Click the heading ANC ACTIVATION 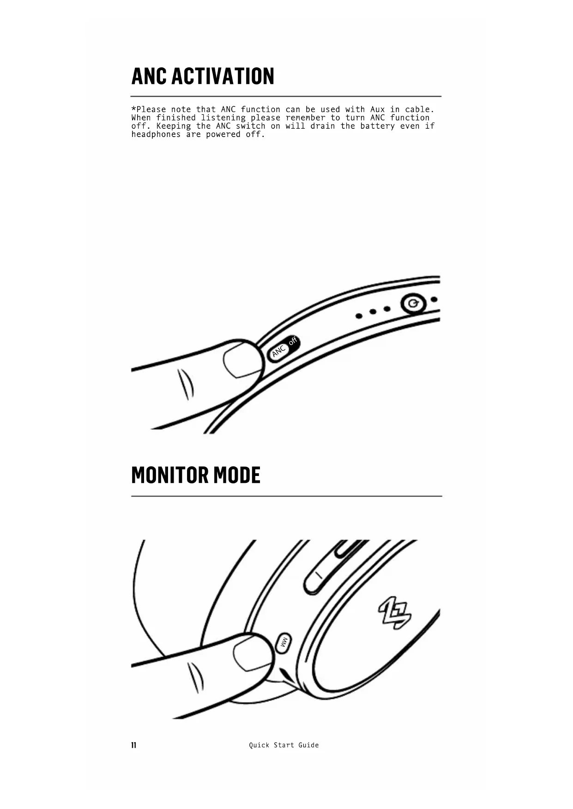[203, 77]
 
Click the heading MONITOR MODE [196, 476]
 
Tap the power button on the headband [412, 304]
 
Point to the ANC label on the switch [278, 352]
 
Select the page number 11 [134, 745]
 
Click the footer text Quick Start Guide [283, 745]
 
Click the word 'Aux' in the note [377, 110]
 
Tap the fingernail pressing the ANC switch [239, 361]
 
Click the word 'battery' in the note [377, 126]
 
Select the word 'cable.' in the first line [419, 110]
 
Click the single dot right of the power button [434, 300]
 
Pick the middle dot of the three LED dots [373, 312]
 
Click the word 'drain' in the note [322, 126]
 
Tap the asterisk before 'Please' [134, 109]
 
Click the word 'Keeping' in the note [173, 126]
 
